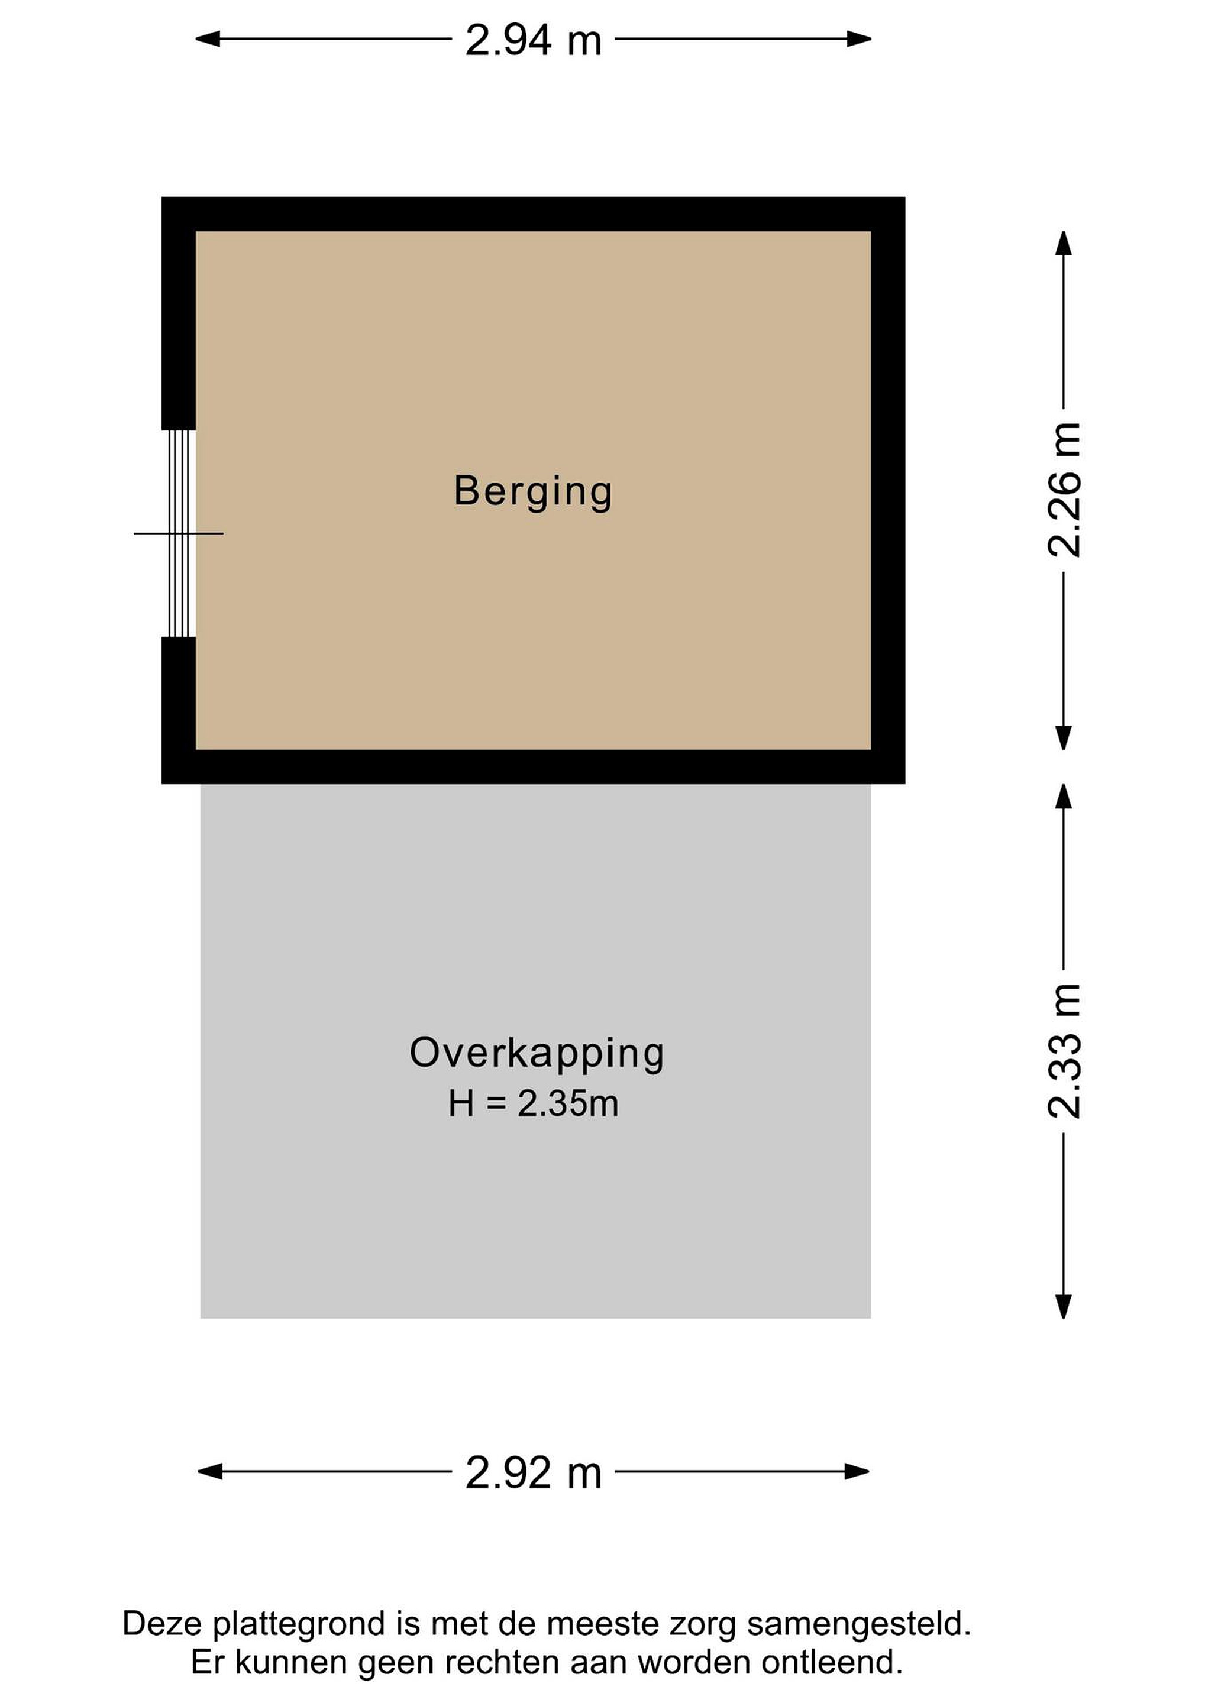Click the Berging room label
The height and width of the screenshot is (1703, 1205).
point(533,493)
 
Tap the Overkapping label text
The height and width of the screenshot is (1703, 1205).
point(537,1054)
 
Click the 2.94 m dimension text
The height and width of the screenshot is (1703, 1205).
point(533,40)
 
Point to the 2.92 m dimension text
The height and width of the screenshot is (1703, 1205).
point(533,1473)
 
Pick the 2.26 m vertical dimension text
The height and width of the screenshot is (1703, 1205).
point(1065,490)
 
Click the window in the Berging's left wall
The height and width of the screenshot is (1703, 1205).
point(179,533)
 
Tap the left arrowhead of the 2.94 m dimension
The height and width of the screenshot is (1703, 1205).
point(207,38)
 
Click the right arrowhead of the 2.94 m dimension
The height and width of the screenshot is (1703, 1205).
point(859,38)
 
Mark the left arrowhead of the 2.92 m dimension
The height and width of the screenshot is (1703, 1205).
point(210,1472)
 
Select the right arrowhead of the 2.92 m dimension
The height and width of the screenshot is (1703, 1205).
point(857,1472)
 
